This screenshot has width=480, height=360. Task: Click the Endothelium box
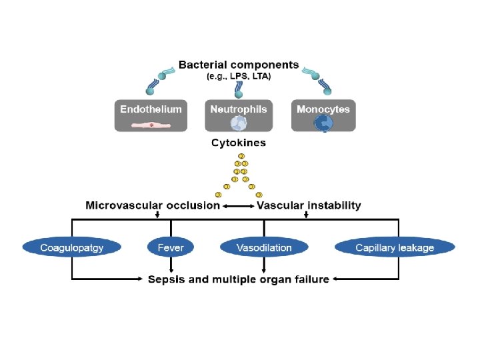click(x=151, y=115)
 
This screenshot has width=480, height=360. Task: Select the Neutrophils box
click(x=239, y=115)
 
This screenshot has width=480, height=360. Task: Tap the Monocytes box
click(x=323, y=115)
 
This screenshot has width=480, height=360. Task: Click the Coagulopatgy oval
click(x=72, y=248)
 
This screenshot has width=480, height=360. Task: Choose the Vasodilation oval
click(x=264, y=248)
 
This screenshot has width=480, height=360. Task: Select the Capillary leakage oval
click(x=395, y=248)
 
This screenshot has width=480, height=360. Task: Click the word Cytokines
click(x=239, y=143)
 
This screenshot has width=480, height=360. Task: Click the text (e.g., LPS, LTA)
click(x=239, y=76)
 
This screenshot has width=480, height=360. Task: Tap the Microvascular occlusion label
click(x=153, y=205)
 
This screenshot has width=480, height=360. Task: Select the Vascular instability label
click(x=309, y=205)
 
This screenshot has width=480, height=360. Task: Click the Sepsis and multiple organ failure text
click(x=239, y=279)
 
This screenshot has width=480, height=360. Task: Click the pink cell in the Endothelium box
click(x=151, y=124)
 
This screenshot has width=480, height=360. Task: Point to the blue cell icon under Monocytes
click(x=323, y=123)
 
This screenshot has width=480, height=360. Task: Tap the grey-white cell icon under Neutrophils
click(x=239, y=123)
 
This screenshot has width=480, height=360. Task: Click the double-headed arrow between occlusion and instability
click(x=239, y=206)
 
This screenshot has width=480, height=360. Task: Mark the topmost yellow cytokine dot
click(x=241, y=156)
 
